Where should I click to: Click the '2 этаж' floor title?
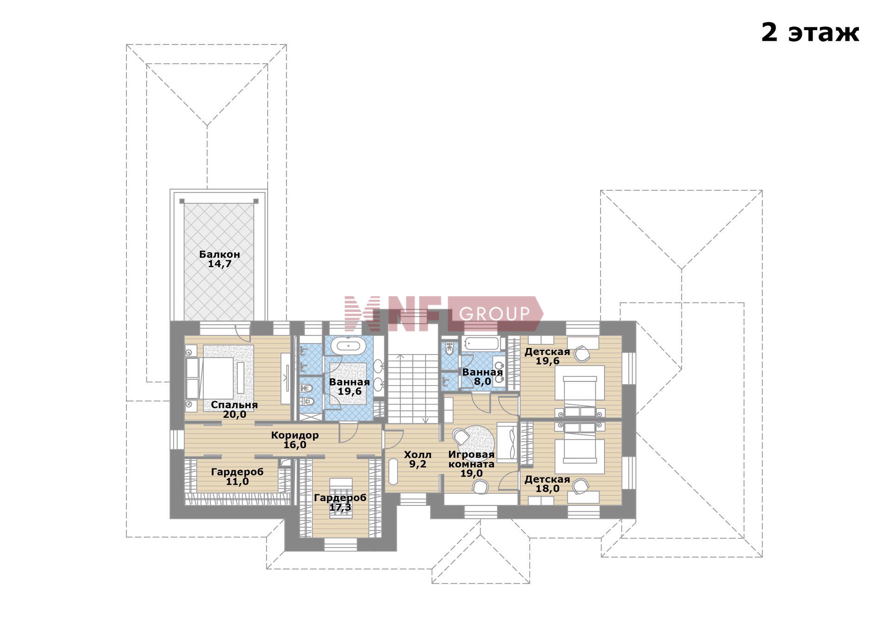tap(810, 32)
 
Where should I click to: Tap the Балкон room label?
tap(219, 254)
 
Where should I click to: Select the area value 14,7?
tap(219, 264)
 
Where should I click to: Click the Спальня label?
tap(234, 405)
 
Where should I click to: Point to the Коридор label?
tap(295, 435)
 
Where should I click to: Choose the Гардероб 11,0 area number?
tap(237, 482)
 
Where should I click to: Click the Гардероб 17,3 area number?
tap(340, 507)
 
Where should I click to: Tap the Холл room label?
tap(418, 455)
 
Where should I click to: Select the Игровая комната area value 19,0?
tap(471, 473)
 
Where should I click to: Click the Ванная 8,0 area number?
tap(482, 382)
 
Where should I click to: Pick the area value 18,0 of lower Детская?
tap(548, 489)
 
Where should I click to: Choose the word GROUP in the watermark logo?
tap(494, 314)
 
